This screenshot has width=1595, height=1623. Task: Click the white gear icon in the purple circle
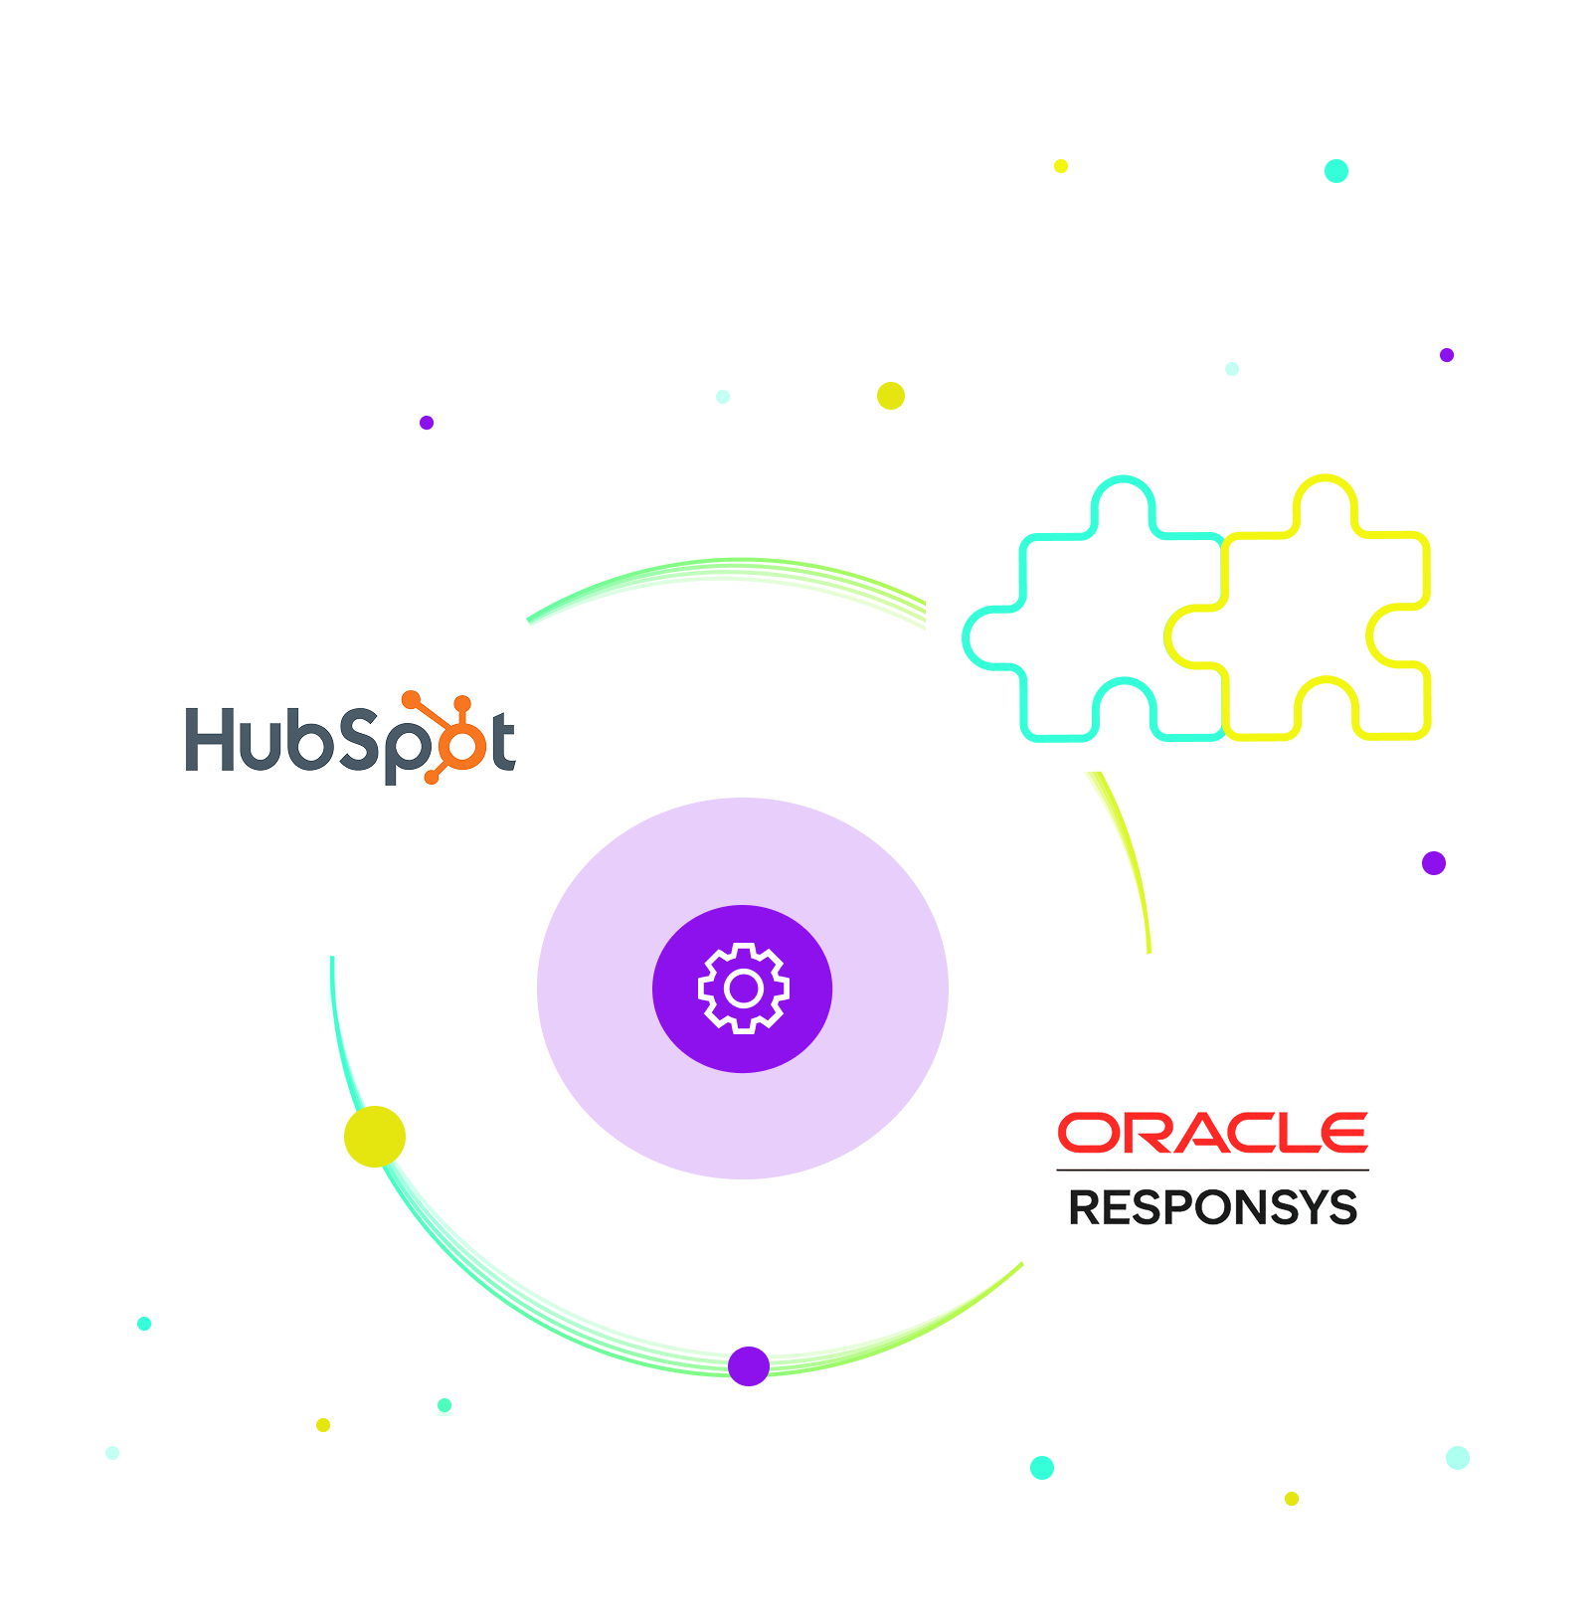pos(743,989)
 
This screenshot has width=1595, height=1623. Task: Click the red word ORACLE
pos(1212,1133)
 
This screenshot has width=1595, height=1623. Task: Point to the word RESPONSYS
pos(1212,1207)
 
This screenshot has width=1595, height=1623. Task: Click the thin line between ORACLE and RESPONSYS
pos(1212,1170)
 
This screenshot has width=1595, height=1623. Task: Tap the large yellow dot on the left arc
pos(375,1137)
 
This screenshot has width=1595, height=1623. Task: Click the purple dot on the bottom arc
pos(749,1366)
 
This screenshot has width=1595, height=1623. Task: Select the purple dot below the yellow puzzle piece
pos(1434,863)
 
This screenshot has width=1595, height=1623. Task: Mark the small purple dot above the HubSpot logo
pos(427,423)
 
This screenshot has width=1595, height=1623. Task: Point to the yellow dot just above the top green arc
pos(891,396)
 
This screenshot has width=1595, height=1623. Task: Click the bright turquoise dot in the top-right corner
pos(1336,171)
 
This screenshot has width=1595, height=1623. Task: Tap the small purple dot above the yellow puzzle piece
pos(1447,355)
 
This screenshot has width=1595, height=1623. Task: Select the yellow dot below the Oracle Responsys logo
pos(1292,1499)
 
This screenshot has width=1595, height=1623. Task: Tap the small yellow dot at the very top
pos(1061,166)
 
